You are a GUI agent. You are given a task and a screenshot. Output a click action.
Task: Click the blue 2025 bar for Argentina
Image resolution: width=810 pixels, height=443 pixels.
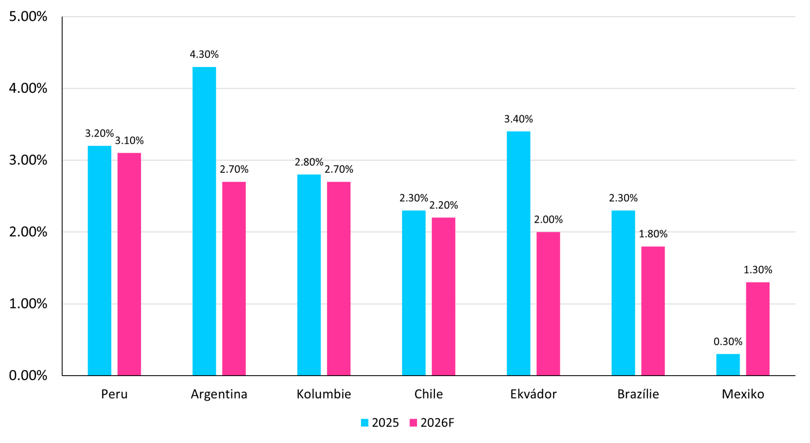click(204, 221)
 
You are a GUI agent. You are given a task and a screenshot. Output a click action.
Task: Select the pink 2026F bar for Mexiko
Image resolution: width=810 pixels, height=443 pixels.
click(757, 328)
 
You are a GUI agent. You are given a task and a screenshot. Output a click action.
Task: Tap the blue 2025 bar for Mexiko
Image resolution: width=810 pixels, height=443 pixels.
click(727, 364)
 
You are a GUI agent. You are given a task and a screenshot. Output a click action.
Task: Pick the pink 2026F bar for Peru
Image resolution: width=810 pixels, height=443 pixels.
click(129, 264)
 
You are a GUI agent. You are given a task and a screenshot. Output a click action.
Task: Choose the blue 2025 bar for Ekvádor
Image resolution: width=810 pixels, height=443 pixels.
click(518, 253)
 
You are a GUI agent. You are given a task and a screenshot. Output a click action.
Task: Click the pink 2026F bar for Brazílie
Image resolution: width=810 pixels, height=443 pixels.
click(653, 311)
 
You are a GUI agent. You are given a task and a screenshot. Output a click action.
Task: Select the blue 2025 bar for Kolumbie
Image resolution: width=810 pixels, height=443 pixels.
click(309, 275)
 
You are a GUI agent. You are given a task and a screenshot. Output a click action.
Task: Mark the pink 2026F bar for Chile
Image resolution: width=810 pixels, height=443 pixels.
click(443, 296)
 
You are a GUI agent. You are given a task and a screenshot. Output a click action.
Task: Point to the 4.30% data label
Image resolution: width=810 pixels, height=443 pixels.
click(204, 54)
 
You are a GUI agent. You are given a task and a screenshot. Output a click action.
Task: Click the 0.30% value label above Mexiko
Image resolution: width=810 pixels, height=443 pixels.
click(727, 342)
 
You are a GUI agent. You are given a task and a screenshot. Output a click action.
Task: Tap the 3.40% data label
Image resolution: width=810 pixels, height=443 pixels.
click(518, 119)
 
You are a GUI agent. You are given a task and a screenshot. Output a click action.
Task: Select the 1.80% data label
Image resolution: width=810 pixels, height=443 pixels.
click(653, 234)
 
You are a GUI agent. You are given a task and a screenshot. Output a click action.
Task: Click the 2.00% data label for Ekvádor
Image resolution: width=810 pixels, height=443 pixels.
click(548, 219)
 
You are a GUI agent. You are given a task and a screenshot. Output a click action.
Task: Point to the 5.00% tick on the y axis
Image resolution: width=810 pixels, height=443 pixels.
click(28, 17)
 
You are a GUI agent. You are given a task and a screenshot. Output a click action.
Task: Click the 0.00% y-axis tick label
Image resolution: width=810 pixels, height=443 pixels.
click(28, 376)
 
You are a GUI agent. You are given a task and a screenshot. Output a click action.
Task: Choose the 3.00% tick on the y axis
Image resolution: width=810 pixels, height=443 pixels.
click(28, 160)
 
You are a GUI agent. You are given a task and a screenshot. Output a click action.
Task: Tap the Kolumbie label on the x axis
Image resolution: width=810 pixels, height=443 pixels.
click(323, 394)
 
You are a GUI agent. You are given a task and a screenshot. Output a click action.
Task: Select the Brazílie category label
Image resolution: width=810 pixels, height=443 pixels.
click(638, 394)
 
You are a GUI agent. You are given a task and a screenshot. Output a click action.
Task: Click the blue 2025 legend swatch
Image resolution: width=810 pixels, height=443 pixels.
click(364, 423)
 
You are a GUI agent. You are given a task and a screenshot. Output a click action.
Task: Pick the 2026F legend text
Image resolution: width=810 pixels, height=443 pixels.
click(437, 423)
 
